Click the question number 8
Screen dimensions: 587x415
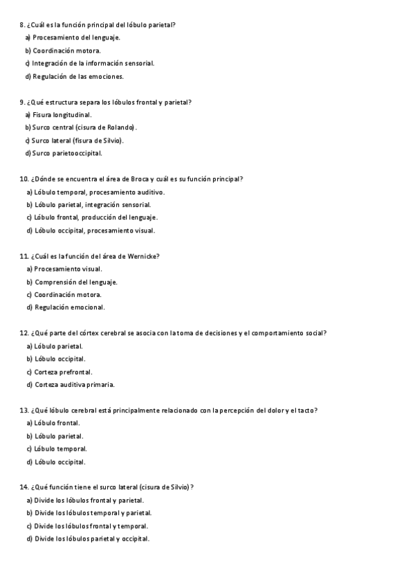(x=22, y=25)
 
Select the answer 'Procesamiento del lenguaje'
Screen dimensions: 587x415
(x=75, y=37)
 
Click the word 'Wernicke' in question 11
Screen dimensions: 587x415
(x=142, y=256)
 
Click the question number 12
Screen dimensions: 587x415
(x=24, y=333)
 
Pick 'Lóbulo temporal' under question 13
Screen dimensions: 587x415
(x=60, y=449)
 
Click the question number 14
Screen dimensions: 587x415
(x=24, y=487)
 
